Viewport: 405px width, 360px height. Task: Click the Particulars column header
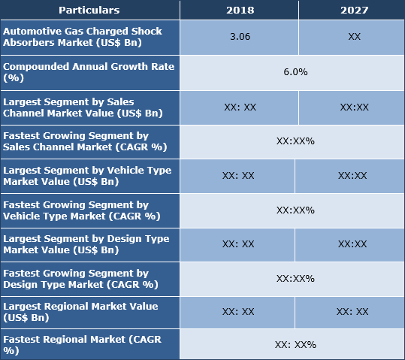pos(89,11)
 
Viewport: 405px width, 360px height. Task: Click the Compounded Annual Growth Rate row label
pos(89,72)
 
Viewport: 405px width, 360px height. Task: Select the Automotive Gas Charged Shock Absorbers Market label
pos(89,36)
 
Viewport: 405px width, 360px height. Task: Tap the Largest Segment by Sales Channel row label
pos(89,107)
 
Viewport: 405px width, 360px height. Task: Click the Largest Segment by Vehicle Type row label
pos(89,175)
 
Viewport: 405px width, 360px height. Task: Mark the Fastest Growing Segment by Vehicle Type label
pos(89,210)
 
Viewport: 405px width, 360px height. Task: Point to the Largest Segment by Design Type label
pos(89,244)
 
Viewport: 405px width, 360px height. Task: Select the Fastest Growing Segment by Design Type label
pos(89,278)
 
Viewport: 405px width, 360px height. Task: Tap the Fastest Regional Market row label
pos(89,345)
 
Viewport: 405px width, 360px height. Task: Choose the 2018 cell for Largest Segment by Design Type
pos(238,244)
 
